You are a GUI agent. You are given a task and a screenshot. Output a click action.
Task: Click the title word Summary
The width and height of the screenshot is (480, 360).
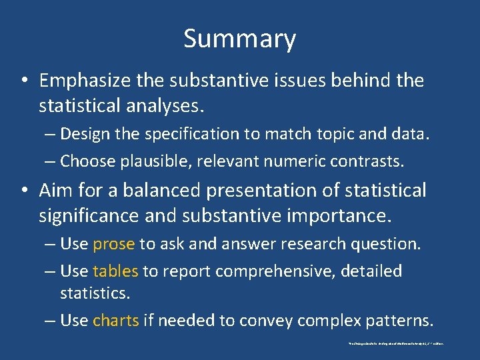(x=239, y=39)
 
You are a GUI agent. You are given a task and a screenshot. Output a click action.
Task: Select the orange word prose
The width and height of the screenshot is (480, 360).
(x=114, y=244)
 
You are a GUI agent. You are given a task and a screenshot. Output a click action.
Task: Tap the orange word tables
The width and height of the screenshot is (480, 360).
(x=115, y=271)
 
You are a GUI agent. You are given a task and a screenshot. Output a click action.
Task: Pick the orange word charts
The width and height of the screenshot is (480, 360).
(x=116, y=321)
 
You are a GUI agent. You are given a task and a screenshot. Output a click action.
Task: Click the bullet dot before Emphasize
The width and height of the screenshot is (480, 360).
(x=23, y=81)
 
